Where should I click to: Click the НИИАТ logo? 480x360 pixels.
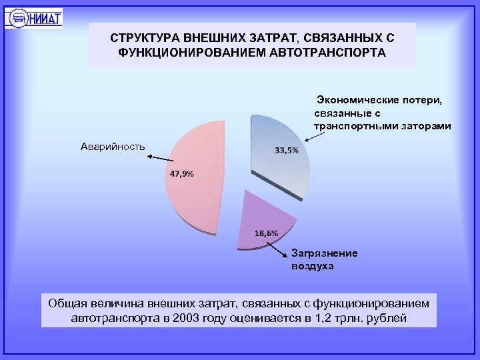click(x=34, y=17)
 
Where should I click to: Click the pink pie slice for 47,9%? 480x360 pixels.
click(x=193, y=200)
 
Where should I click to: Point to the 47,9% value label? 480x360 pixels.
click(x=181, y=174)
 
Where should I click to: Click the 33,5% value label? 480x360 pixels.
click(x=287, y=149)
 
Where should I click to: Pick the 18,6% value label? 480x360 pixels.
click(x=267, y=233)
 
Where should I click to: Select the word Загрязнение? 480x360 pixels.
click(x=325, y=253)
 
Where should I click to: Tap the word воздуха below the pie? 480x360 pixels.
click(x=312, y=266)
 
